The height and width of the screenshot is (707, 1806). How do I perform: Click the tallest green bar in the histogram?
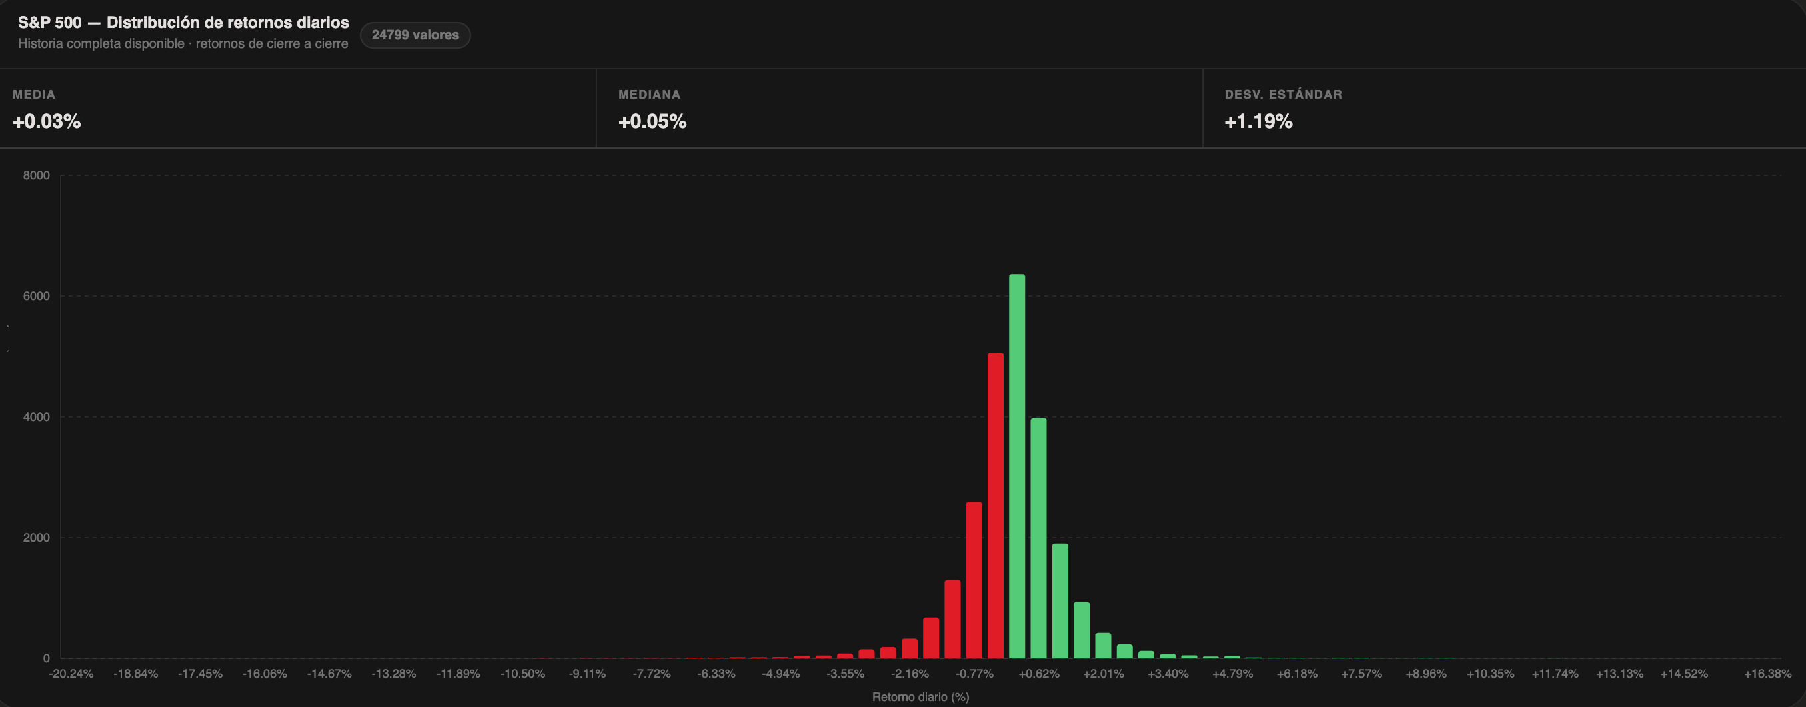tap(1016, 466)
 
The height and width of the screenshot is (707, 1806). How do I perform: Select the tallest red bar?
tap(996, 506)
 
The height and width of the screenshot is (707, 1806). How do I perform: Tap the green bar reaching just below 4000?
tap(1038, 538)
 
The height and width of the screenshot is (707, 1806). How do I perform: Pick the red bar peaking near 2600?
tap(974, 580)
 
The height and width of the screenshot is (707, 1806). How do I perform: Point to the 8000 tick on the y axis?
tap(37, 175)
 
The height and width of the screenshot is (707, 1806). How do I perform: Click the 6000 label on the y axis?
tap(37, 296)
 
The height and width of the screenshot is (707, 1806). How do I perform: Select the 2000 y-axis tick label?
tap(37, 538)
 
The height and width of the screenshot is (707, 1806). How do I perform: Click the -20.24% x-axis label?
tap(71, 674)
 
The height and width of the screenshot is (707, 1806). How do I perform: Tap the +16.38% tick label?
tap(1767, 674)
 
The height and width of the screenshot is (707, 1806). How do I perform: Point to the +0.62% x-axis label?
tap(1039, 674)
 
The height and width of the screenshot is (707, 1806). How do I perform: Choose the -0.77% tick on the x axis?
tap(974, 674)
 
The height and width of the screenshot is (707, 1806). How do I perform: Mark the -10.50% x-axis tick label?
tap(522, 674)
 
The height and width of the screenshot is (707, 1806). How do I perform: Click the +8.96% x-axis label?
tap(1426, 674)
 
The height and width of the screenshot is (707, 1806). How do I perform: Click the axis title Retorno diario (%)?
tap(920, 696)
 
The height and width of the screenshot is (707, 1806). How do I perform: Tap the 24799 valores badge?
tap(415, 35)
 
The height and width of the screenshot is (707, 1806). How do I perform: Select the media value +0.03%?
tap(47, 121)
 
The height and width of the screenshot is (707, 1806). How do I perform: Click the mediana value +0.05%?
tap(652, 121)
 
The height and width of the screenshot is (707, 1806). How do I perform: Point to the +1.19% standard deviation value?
tap(1258, 121)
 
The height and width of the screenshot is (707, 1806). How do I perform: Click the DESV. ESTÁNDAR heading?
tap(1283, 95)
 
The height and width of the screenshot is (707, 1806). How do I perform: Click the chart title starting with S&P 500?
tap(183, 23)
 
